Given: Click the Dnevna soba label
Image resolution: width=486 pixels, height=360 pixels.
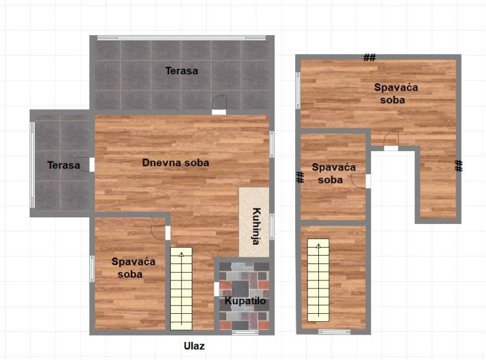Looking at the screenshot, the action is [176, 163].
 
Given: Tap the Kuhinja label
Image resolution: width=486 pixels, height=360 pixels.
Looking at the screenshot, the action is [256, 226].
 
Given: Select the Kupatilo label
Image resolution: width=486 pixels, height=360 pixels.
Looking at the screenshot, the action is [245, 301].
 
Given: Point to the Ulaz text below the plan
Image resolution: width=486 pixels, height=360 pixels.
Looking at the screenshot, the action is [194, 346].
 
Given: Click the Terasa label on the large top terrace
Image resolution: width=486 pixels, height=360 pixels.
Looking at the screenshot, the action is [181, 70].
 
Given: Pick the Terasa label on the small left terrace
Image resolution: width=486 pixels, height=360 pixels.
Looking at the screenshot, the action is [64, 165].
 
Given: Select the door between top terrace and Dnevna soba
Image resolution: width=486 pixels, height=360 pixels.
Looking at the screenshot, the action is [219, 104].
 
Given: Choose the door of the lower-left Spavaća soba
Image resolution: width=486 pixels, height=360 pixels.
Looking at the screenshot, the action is [160, 233].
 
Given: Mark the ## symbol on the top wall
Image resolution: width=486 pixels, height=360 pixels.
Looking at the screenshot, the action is [369, 58].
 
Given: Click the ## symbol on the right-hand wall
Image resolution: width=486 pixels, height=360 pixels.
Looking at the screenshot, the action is [459, 166].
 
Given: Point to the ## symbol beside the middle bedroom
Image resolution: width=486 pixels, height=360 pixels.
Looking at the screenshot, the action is [299, 177].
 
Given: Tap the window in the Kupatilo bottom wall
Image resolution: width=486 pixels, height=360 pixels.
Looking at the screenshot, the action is [245, 333].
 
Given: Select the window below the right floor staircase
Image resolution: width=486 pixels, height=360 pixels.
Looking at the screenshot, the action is [334, 332].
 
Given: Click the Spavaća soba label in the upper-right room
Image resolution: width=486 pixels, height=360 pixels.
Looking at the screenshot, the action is [396, 93].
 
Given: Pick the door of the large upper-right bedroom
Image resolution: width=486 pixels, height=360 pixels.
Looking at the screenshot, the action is [391, 141].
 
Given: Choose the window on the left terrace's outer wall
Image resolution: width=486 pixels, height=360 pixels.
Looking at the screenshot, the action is [32, 165].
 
